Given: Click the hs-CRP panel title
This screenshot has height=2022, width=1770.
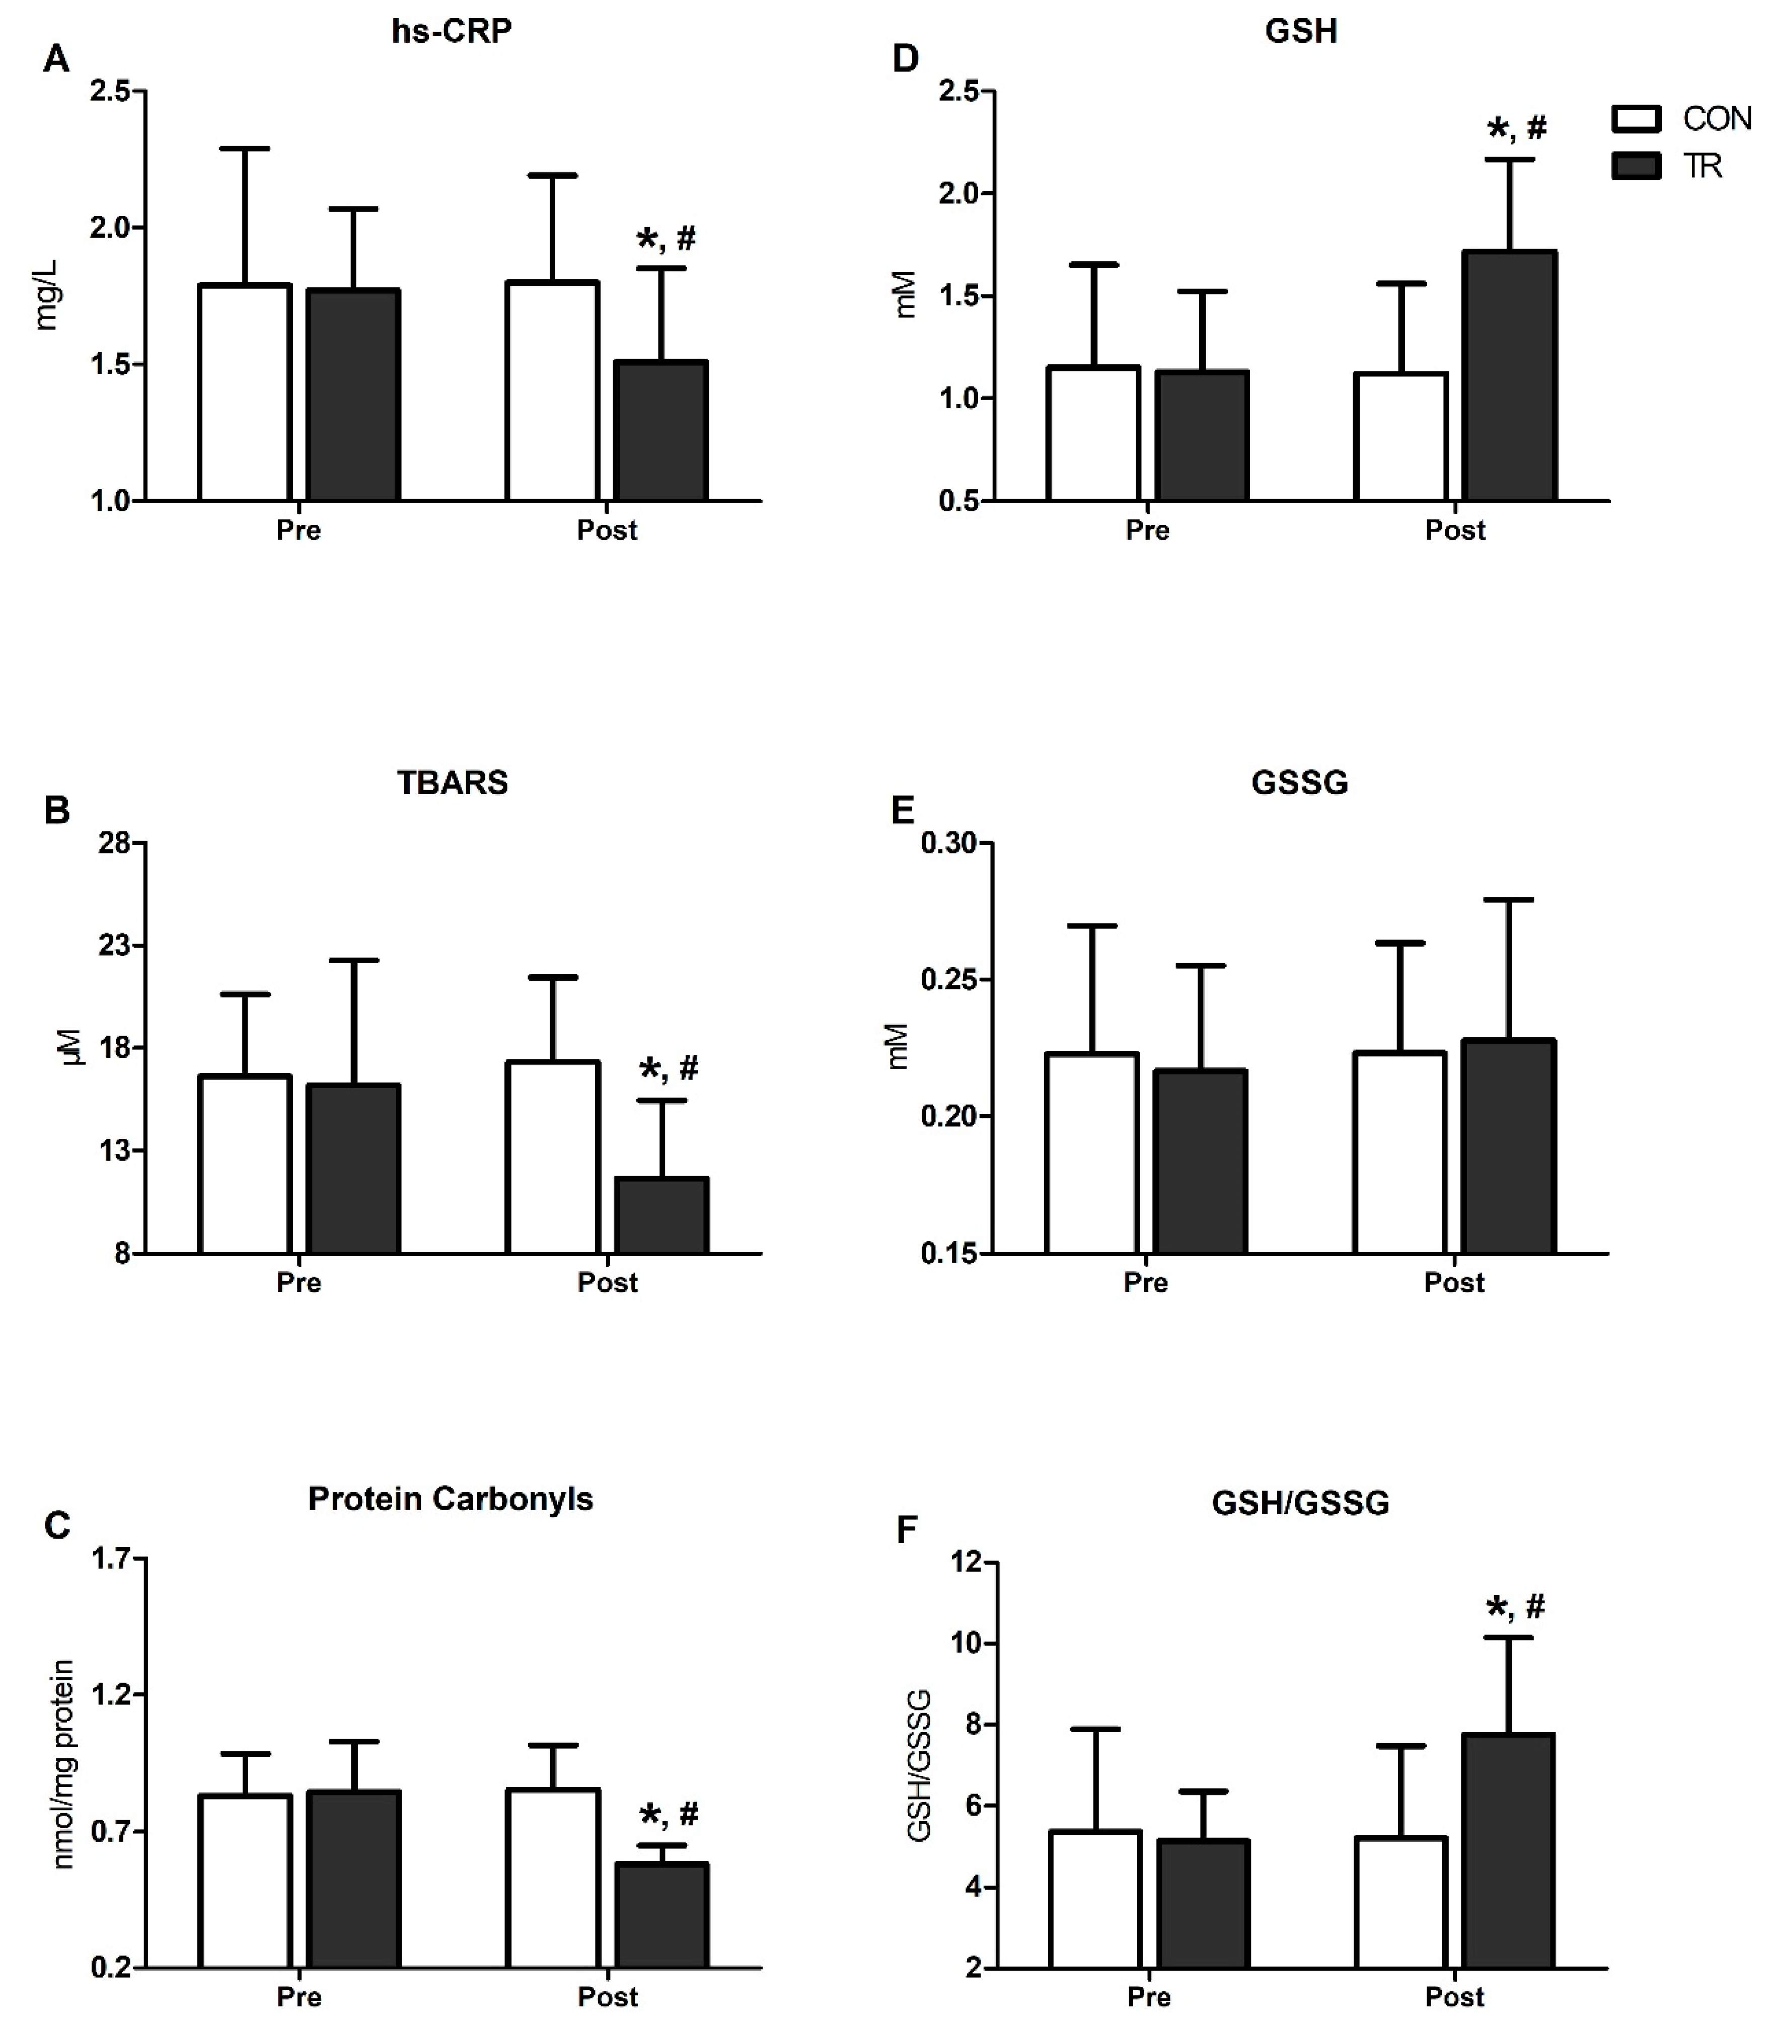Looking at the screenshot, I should pyautogui.click(x=452, y=32).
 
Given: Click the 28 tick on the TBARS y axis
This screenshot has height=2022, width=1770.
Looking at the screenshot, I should pyautogui.click(x=116, y=843).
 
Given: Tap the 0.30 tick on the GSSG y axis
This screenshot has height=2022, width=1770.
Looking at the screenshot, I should pyautogui.click(x=948, y=843).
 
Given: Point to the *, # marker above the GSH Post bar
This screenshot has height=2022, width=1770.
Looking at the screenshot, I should pyautogui.click(x=1516, y=128).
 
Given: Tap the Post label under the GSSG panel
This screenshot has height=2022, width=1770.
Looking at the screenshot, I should pyautogui.click(x=1454, y=1283).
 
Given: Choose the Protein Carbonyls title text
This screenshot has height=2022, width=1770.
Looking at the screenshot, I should pyautogui.click(x=451, y=1499).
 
